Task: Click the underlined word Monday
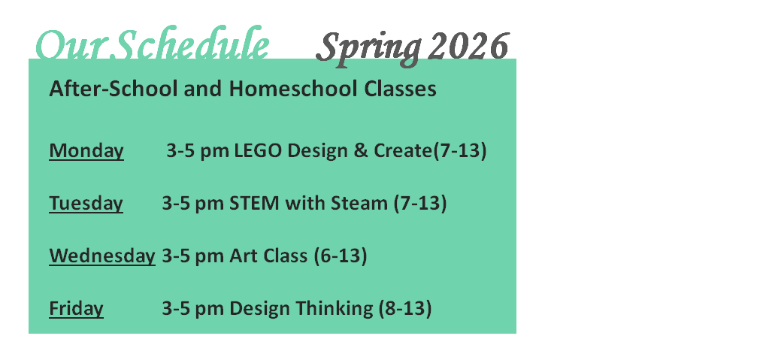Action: [x=86, y=151]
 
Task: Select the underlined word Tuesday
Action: [x=86, y=203]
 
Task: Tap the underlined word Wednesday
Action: [x=102, y=256]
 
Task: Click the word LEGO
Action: [x=258, y=151]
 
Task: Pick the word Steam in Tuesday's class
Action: [x=359, y=203]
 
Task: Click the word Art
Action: [x=244, y=256]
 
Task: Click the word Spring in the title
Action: [x=369, y=49]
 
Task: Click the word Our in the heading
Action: [x=74, y=45]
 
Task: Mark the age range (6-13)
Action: [x=341, y=256]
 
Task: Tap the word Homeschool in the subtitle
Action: [x=294, y=89]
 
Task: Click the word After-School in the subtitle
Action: [x=114, y=89]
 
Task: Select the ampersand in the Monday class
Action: [x=360, y=151]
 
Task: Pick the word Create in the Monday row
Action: [x=404, y=151]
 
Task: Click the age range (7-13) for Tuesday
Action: [x=420, y=203]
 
